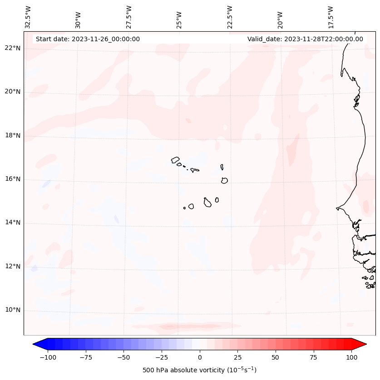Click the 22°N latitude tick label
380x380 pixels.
(x=13, y=48)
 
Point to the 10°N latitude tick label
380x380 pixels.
(x=13, y=310)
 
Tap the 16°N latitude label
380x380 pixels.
(x=13, y=179)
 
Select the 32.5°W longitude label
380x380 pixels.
(x=28, y=17)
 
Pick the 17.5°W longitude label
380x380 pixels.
(x=331, y=17)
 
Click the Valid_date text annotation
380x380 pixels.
(x=305, y=39)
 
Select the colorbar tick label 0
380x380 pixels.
(x=200, y=357)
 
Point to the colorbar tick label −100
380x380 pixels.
(x=48, y=357)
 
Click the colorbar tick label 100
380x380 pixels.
(x=351, y=357)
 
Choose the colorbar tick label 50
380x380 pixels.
(x=276, y=357)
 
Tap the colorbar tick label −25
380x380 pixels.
(x=162, y=357)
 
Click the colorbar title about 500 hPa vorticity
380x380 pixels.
(x=199, y=370)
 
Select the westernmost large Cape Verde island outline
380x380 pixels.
(x=175, y=159)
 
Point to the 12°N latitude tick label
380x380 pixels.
(x=13, y=266)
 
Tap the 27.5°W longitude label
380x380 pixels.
(x=129, y=17)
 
